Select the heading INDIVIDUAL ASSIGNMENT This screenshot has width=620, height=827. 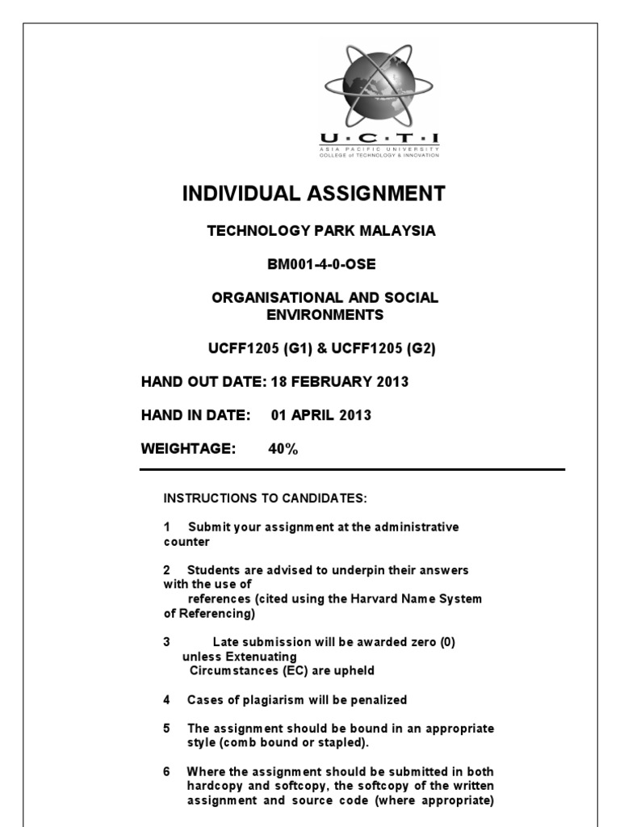tap(313, 194)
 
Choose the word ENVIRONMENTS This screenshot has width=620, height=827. tap(325, 314)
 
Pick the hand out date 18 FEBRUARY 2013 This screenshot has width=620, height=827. tap(340, 382)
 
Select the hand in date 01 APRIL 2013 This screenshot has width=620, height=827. tap(321, 416)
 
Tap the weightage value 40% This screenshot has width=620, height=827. tap(283, 450)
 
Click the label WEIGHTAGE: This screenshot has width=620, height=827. tap(188, 450)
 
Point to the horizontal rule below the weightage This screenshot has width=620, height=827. tap(352, 469)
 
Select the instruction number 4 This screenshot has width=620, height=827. tap(167, 700)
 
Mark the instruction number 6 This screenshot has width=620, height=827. tap(167, 772)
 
